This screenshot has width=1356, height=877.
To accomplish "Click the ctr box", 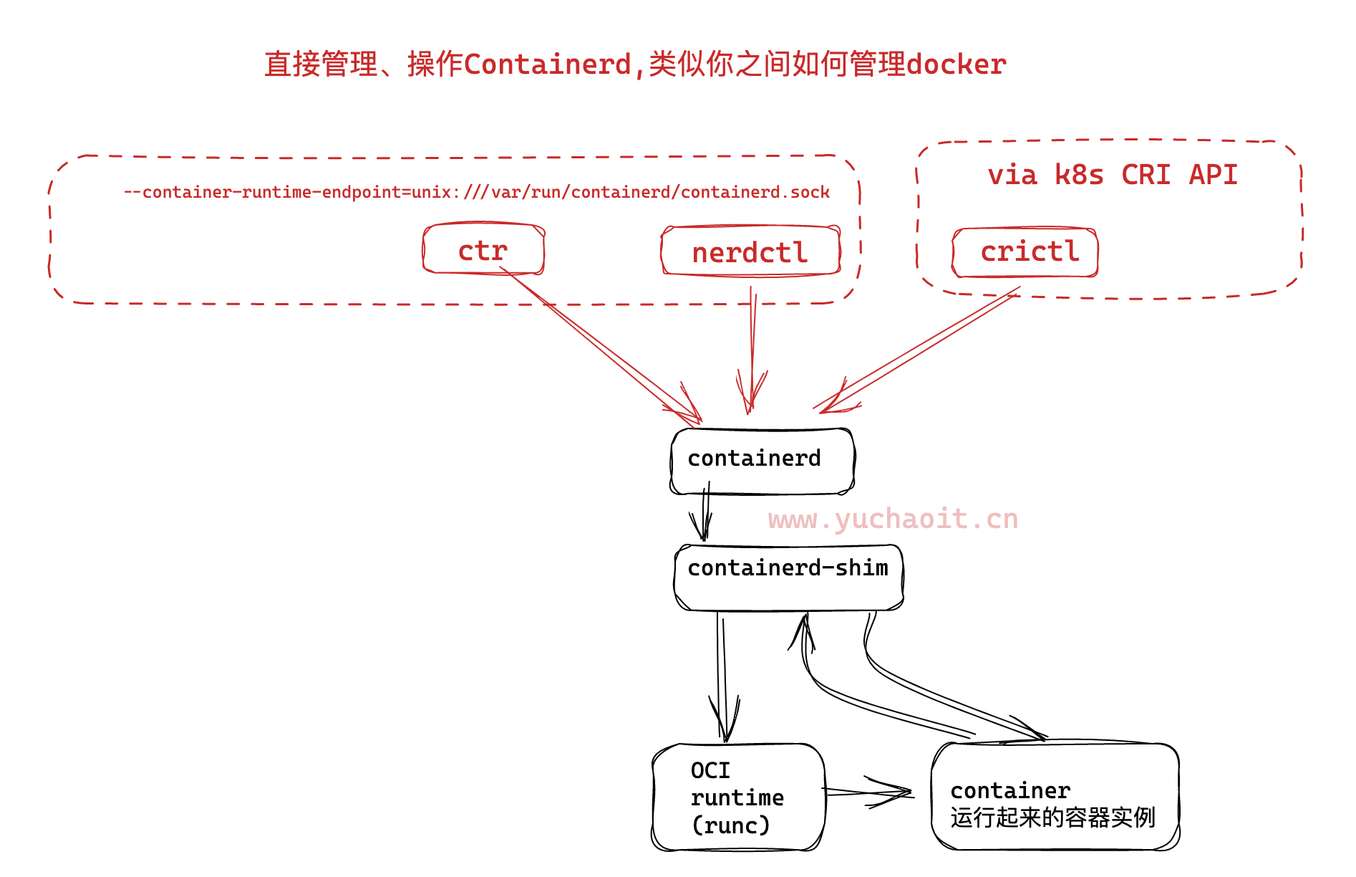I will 483,249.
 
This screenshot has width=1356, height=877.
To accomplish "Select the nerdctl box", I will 750,251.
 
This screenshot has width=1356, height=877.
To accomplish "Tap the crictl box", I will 1025,251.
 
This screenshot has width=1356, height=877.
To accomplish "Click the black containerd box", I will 762,461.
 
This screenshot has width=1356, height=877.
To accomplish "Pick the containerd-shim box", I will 788,578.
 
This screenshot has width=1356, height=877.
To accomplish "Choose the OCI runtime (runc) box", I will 738,797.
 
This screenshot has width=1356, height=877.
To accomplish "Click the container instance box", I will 1055,797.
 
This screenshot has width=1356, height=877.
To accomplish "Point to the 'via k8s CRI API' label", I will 1112,175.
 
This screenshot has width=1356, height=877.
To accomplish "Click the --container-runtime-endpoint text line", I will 477,192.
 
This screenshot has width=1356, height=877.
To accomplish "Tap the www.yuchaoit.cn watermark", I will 893,519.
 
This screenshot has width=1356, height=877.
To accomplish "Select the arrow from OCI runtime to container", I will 868,792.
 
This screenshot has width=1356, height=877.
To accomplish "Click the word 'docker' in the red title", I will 957,64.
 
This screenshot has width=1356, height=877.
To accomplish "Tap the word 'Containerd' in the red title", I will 547,64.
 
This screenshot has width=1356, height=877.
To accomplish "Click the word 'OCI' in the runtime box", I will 710,770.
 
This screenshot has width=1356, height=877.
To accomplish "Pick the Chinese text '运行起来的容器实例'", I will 1052,818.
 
